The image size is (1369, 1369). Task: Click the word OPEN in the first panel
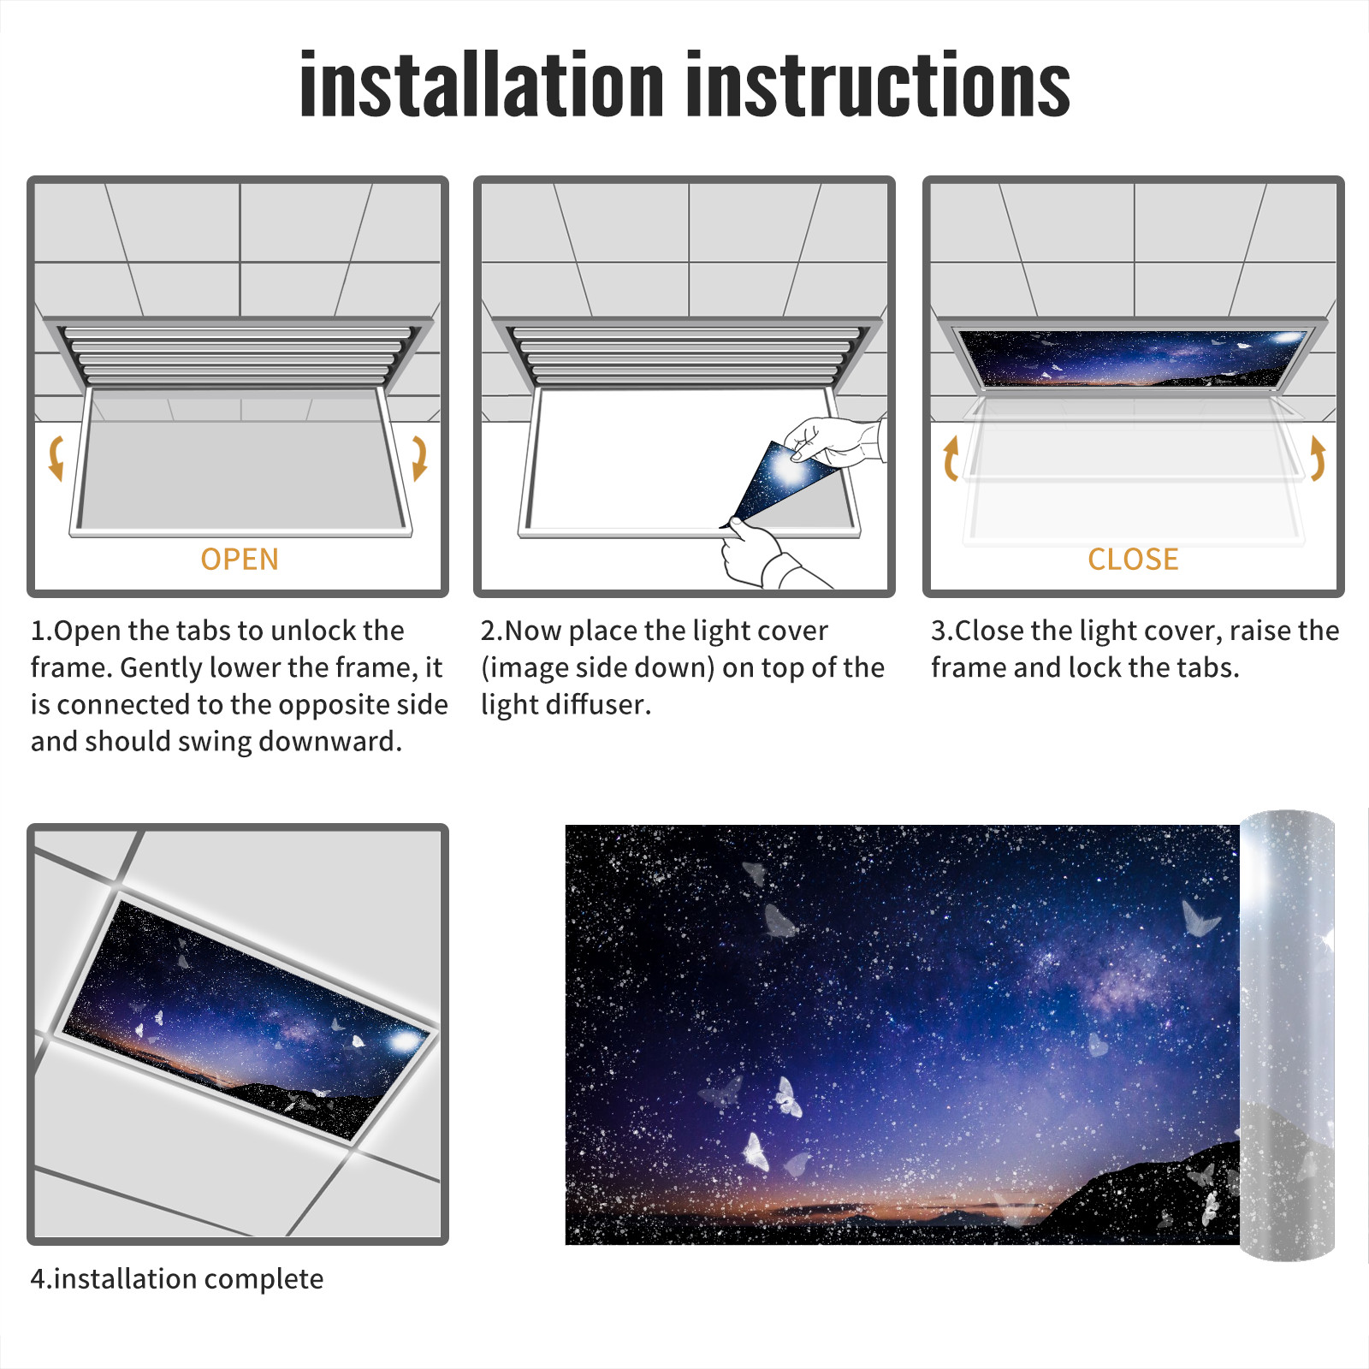click(x=240, y=560)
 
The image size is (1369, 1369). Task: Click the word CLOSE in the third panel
click(x=1133, y=560)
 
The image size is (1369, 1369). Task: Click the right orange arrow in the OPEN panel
click(x=420, y=458)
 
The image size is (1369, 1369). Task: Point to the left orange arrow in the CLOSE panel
click(x=950, y=458)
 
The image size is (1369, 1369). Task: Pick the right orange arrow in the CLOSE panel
click(x=1318, y=458)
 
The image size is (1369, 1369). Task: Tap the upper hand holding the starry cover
click(x=834, y=441)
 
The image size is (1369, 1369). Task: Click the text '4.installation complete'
click(x=177, y=1279)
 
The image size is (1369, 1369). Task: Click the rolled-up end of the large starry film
click(x=1287, y=1035)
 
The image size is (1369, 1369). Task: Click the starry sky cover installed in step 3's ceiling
click(x=1133, y=358)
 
